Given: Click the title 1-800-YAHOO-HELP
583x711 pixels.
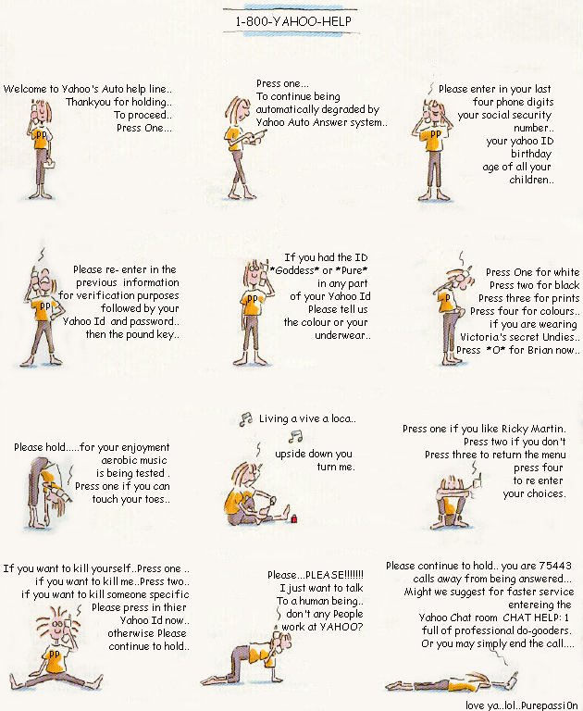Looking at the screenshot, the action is [x=292, y=21].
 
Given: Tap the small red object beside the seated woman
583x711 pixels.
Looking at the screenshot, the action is [x=293, y=518].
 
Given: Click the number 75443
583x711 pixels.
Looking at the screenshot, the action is [x=555, y=566].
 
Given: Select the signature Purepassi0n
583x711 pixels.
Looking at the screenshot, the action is [x=550, y=705].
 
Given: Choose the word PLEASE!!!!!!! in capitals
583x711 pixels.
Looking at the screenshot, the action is [x=335, y=575].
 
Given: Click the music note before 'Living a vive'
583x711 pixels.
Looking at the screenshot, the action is [x=246, y=419].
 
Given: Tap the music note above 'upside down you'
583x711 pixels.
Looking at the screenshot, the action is [x=295, y=436].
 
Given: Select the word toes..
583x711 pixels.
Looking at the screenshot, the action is [x=155, y=499].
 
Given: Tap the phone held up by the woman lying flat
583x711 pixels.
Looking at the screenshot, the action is [x=513, y=679].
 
